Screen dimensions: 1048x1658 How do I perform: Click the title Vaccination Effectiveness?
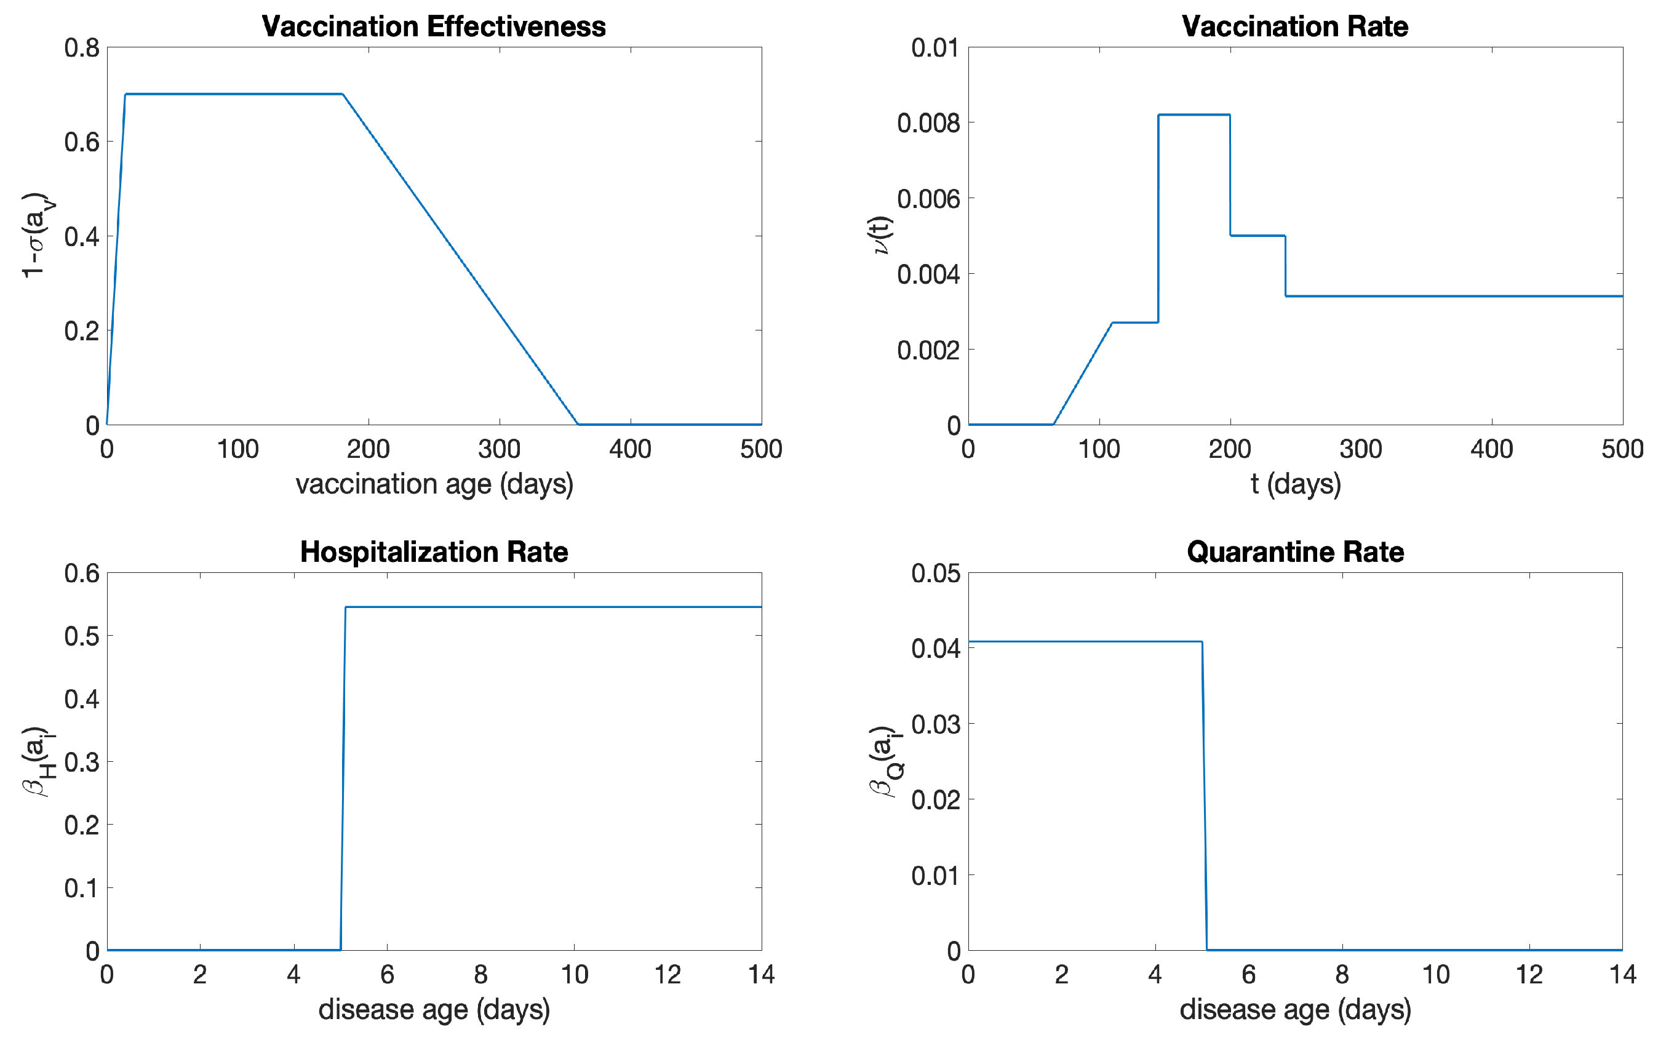(x=434, y=26)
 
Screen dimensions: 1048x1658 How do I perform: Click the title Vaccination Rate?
(x=1294, y=26)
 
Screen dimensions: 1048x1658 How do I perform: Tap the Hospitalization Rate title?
(x=434, y=552)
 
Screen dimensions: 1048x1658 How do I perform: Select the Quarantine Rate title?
(x=1294, y=552)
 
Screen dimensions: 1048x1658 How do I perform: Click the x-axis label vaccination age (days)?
(x=434, y=484)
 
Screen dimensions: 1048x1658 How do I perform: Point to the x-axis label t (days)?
(x=1295, y=484)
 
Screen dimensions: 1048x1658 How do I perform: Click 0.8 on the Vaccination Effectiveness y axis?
(x=82, y=48)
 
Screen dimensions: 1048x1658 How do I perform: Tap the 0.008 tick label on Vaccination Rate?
(x=928, y=123)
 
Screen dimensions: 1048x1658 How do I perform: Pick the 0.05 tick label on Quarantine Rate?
(x=935, y=574)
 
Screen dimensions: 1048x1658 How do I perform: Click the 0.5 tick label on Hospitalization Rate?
(x=82, y=636)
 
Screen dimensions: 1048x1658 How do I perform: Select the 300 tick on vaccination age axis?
(x=499, y=450)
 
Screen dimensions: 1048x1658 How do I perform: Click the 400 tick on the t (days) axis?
(x=1491, y=450)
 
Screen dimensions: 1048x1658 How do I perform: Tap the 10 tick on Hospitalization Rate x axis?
(x=574, y=975)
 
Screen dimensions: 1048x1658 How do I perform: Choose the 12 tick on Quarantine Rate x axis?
(x=1529, y=975)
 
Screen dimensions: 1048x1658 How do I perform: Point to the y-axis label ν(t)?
(x=882, y=236)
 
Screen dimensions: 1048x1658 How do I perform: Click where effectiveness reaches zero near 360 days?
(x=578, y=424)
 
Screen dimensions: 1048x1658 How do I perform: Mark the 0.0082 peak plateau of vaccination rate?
(x=1194, y=115)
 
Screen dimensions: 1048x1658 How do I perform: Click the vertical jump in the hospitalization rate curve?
(x=343, y=778)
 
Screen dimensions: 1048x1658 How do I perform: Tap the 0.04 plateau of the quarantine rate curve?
(x=1085, y=642)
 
